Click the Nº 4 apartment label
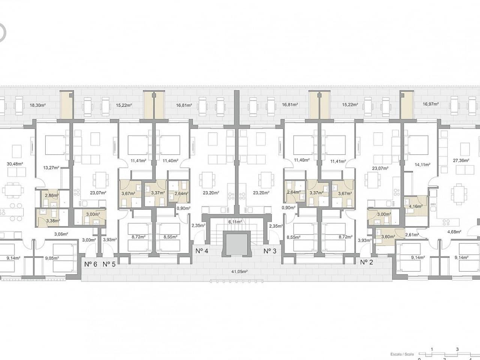coord(202,250)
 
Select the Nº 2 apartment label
coord(366,262)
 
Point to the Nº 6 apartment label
coord(91,264)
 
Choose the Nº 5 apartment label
coord(109,264)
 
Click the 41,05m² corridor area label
coord(238,271)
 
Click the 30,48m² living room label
coord(15,163)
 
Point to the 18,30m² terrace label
coord(37,105)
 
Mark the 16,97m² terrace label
coord(430,104)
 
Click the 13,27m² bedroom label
coord(51,168)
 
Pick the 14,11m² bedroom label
coord(423,164)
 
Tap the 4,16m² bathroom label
coord(415,206)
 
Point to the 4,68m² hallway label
coord(454,232)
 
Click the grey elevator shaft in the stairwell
coord(236,244)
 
